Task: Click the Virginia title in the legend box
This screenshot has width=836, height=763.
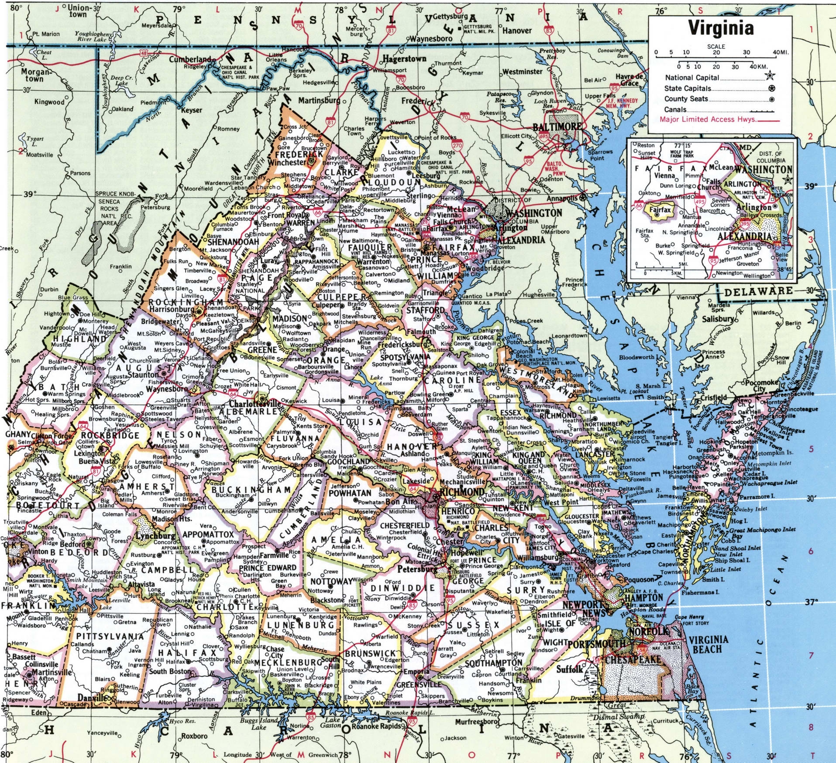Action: pyautogui.click(x=721, y=28)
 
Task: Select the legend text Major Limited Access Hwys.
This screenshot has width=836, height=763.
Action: pyautogui.click(x=708, y=119)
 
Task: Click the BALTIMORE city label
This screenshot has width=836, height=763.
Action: pyautogui.click(x=557, y=127)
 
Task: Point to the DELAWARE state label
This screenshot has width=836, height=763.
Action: pyautogui.click(x=758, y=291)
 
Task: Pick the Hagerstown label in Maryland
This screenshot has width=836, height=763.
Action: pyautogui.click(x=404, y=58)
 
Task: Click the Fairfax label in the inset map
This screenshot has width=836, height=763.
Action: pyautogui.click(x=660, y=209)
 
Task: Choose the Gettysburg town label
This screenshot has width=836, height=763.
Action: pyautogui.click(x=450, y=17)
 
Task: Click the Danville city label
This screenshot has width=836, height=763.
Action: pyautogui.click(x=92, y=698)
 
